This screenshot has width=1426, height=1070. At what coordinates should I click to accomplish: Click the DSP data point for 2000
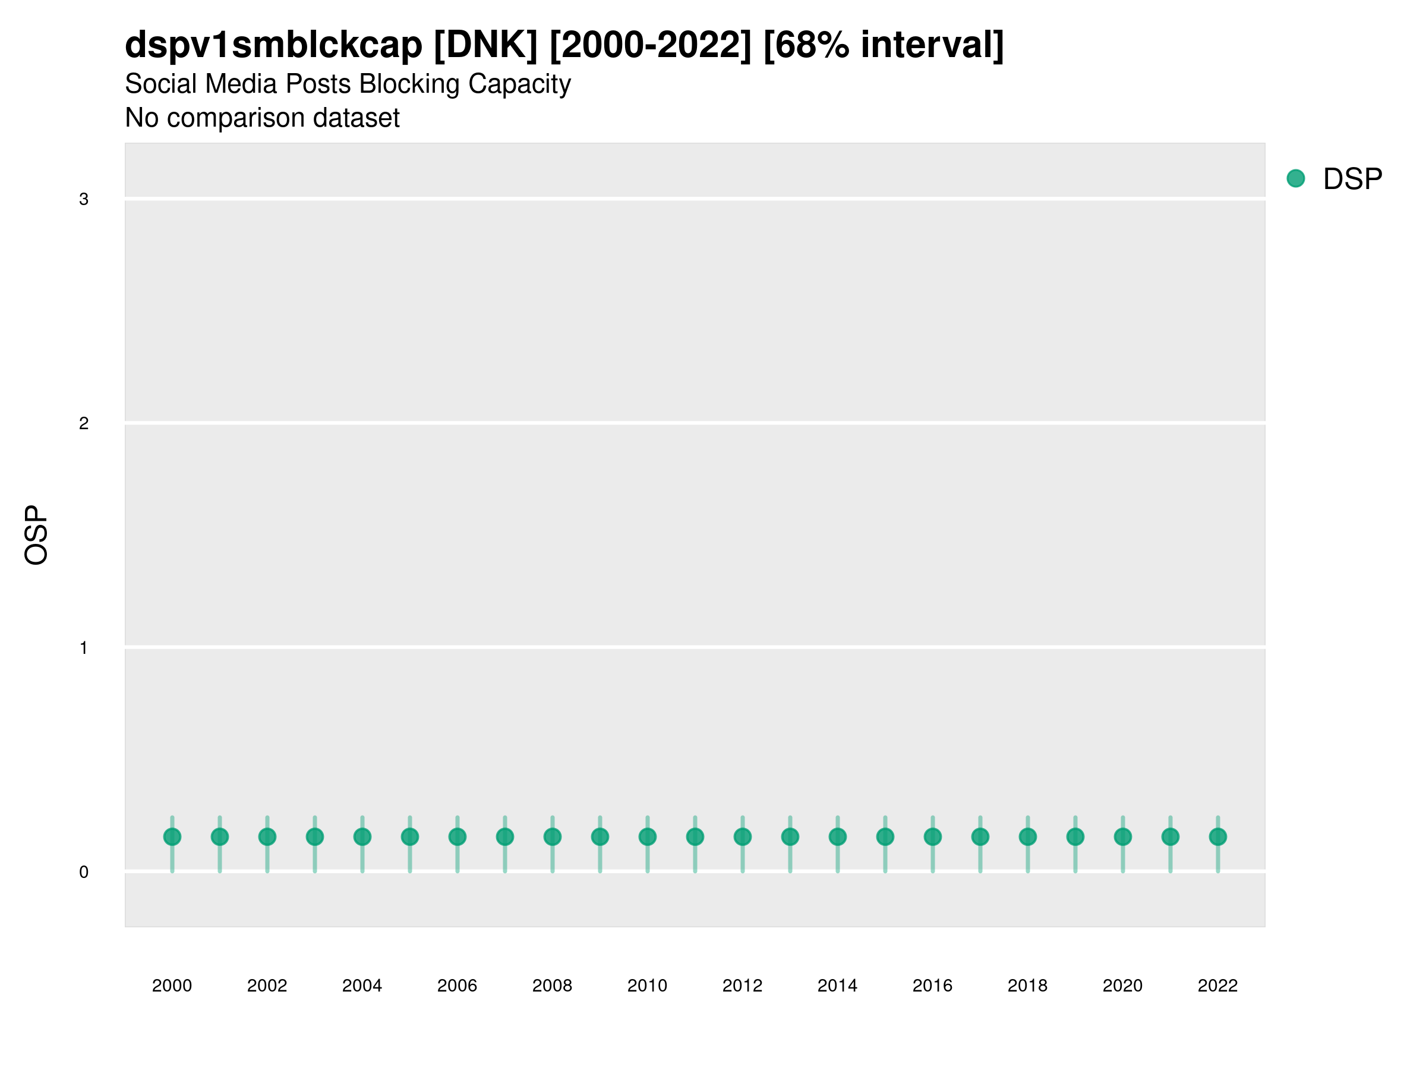point(172,836)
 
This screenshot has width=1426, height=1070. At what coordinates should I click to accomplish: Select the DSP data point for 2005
point(410,836)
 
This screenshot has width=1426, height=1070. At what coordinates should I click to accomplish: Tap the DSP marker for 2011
point(695,836)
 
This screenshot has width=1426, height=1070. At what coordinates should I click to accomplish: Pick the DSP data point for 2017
point(980,836)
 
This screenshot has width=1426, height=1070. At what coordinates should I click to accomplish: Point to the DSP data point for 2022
point(1218,836)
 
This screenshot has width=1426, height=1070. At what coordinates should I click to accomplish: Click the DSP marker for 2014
point(837,836)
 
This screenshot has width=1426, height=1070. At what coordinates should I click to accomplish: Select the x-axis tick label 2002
point(267,986)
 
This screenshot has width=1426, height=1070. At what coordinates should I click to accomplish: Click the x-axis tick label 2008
point(552,986)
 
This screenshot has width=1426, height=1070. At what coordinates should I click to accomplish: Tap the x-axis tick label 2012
point(742,986)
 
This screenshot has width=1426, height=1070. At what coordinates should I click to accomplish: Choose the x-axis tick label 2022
point(1218,986)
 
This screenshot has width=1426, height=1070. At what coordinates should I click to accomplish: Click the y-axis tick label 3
point(84,199)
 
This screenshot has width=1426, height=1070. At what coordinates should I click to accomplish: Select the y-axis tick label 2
point(84,423)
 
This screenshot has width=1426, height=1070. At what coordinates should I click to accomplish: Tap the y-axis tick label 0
point(84,872)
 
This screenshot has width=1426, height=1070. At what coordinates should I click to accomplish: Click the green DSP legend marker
point(1296,179)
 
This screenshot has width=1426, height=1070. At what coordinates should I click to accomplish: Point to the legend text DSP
point(1352,180)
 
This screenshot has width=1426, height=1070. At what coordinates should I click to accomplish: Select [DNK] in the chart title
point(485,45)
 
